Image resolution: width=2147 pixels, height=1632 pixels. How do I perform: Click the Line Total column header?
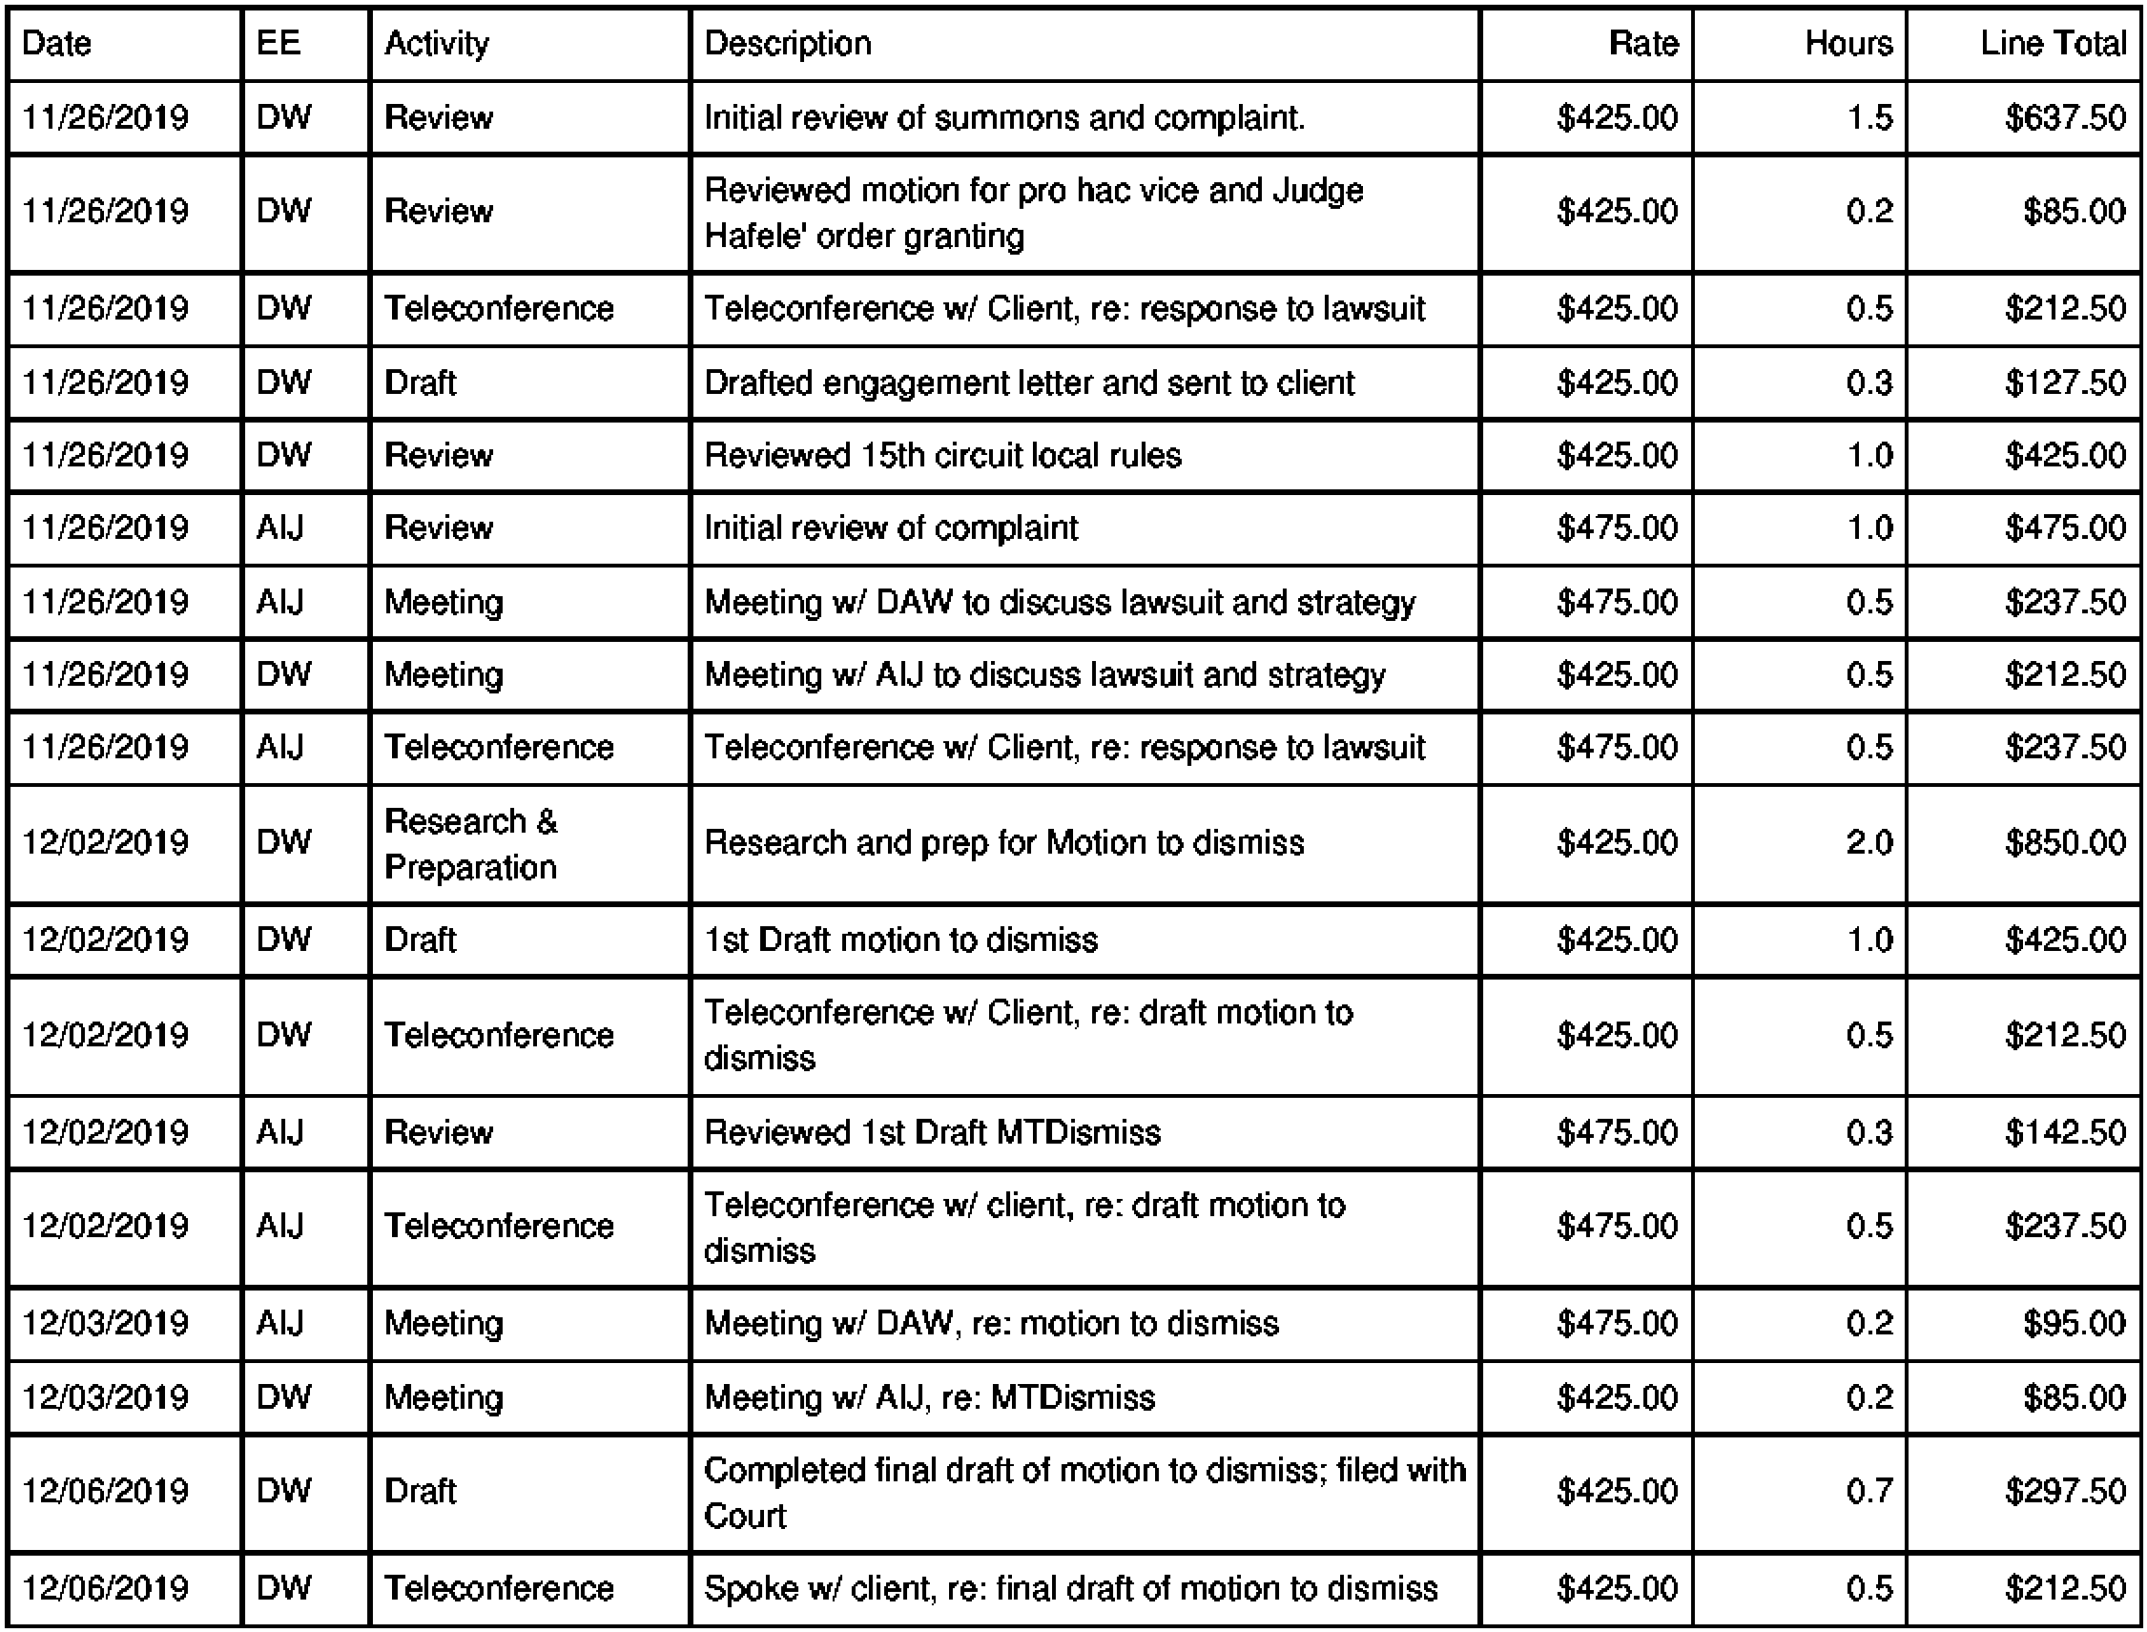coord(2053,44)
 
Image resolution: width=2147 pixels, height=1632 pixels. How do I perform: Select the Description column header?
coord(787,44)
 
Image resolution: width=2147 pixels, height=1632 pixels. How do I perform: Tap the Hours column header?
coord(1848,44)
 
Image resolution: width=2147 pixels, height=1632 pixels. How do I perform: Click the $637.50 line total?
coord(2065,117)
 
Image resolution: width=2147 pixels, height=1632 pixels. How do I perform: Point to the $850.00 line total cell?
coord(2065,842)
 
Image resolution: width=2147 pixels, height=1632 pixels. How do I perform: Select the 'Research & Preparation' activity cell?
coord(471,843)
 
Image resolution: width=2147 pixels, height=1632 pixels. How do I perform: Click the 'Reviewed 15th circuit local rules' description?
coord(942,455)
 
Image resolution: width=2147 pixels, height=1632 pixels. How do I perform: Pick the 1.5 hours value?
coord(1870,117)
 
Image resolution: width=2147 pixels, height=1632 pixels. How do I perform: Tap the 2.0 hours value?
coord(1870,842)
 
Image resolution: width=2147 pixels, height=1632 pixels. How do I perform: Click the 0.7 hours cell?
coord(1870,1491)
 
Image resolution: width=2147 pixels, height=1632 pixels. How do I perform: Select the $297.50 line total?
coord(2065,1491)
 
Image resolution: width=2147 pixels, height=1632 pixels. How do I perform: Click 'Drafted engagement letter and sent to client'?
coord(1029,382)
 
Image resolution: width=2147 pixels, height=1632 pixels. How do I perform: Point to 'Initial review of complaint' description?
coord(891,527)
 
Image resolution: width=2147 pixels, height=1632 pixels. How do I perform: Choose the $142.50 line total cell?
coord(2065,1131)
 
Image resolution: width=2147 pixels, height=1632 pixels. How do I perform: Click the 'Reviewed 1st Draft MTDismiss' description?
coord(932,1131)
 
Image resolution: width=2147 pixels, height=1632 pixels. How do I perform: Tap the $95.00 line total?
coord(2075,1323)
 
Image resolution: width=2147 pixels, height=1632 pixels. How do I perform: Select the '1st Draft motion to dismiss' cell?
coord(900,940)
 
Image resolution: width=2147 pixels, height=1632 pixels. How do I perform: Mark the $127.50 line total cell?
coord(2065,382)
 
